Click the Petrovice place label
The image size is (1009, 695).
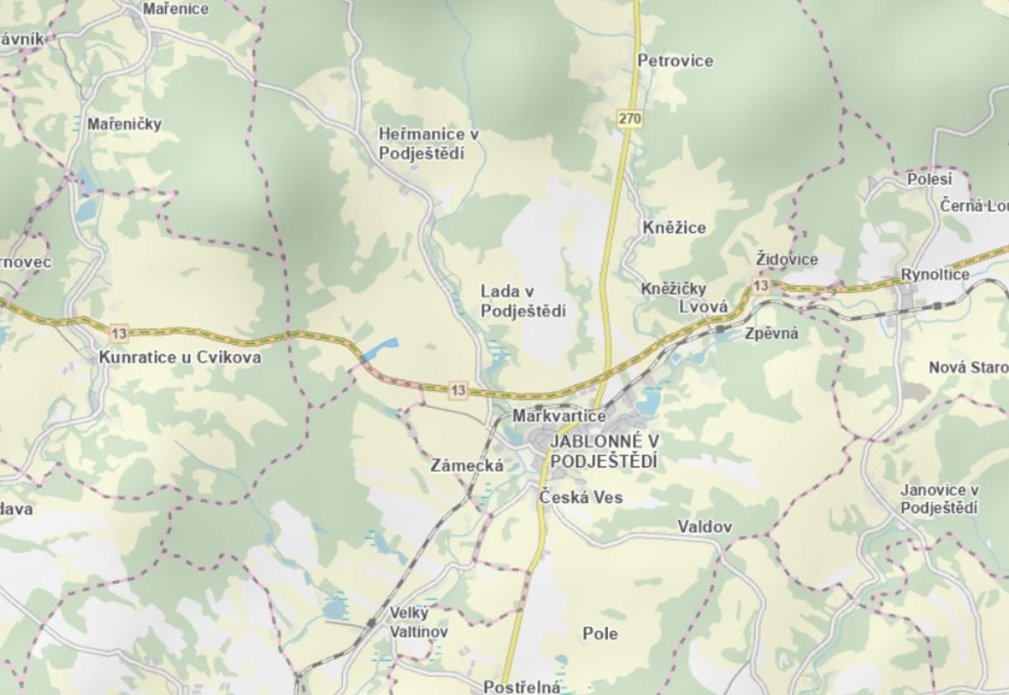click(x=675, y=61)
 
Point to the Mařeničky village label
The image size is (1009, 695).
click(x=124, y=124)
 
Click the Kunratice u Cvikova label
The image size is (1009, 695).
click(x=180, y=357)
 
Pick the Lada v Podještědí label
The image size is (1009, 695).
click(x=523, y=301)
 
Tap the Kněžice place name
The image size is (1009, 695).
click(x=674, y=228)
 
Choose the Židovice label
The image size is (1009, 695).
click(x=786, y=260)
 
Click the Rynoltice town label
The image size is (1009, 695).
click(x=934, y=275)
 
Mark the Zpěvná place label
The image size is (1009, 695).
click(x=771, y=333)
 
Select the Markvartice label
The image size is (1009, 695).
click(x=558, y=416)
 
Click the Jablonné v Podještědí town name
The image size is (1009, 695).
click(x=603, y=452)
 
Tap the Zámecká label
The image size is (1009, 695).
click(x=466, y=466)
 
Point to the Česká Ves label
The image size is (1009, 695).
click(x=581, y=498)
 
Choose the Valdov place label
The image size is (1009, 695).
click(x=704, y=527)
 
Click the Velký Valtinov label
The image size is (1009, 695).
click(x=418, y=622)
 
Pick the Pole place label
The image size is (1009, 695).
click(x=600, y=633)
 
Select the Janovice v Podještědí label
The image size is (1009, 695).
click(x=940, y=500)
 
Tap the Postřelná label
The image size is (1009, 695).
click(x=521, y=687)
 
